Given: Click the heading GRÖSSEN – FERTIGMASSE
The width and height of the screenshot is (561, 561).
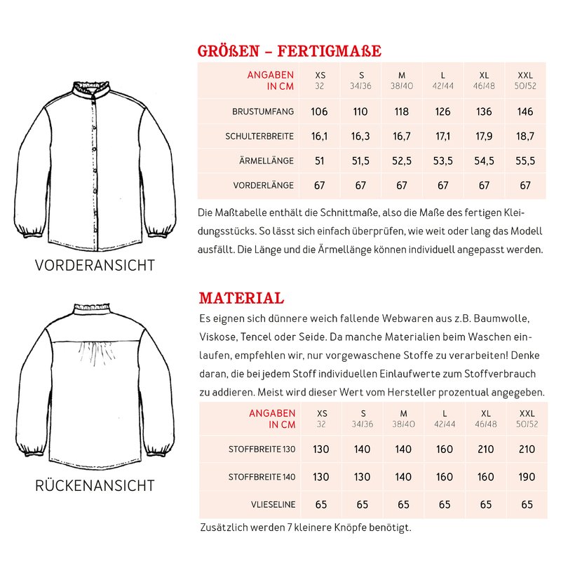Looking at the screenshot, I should [x=290, y=51].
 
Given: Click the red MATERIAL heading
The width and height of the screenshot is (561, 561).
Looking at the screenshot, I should [x=241, y=297].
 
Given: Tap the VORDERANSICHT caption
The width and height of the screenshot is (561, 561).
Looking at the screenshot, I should [x=95, y=266].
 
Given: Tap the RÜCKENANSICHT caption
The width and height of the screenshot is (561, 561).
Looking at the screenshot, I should [x=95, y=485].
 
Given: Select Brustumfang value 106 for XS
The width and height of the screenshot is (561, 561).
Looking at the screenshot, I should [x=320, y=111].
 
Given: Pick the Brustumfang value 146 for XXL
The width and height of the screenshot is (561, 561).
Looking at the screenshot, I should [x=525, y=111].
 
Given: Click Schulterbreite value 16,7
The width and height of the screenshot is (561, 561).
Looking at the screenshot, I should [x=402, y=137].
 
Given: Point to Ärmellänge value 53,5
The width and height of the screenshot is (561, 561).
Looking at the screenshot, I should [x=443, y=161].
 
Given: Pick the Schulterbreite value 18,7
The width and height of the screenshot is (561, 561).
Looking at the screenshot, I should [x=525, y=137].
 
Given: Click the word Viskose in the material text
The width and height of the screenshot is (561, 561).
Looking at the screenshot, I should [x=219, y=337].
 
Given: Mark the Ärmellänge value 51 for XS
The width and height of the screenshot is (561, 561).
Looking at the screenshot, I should [x=320, y=161].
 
